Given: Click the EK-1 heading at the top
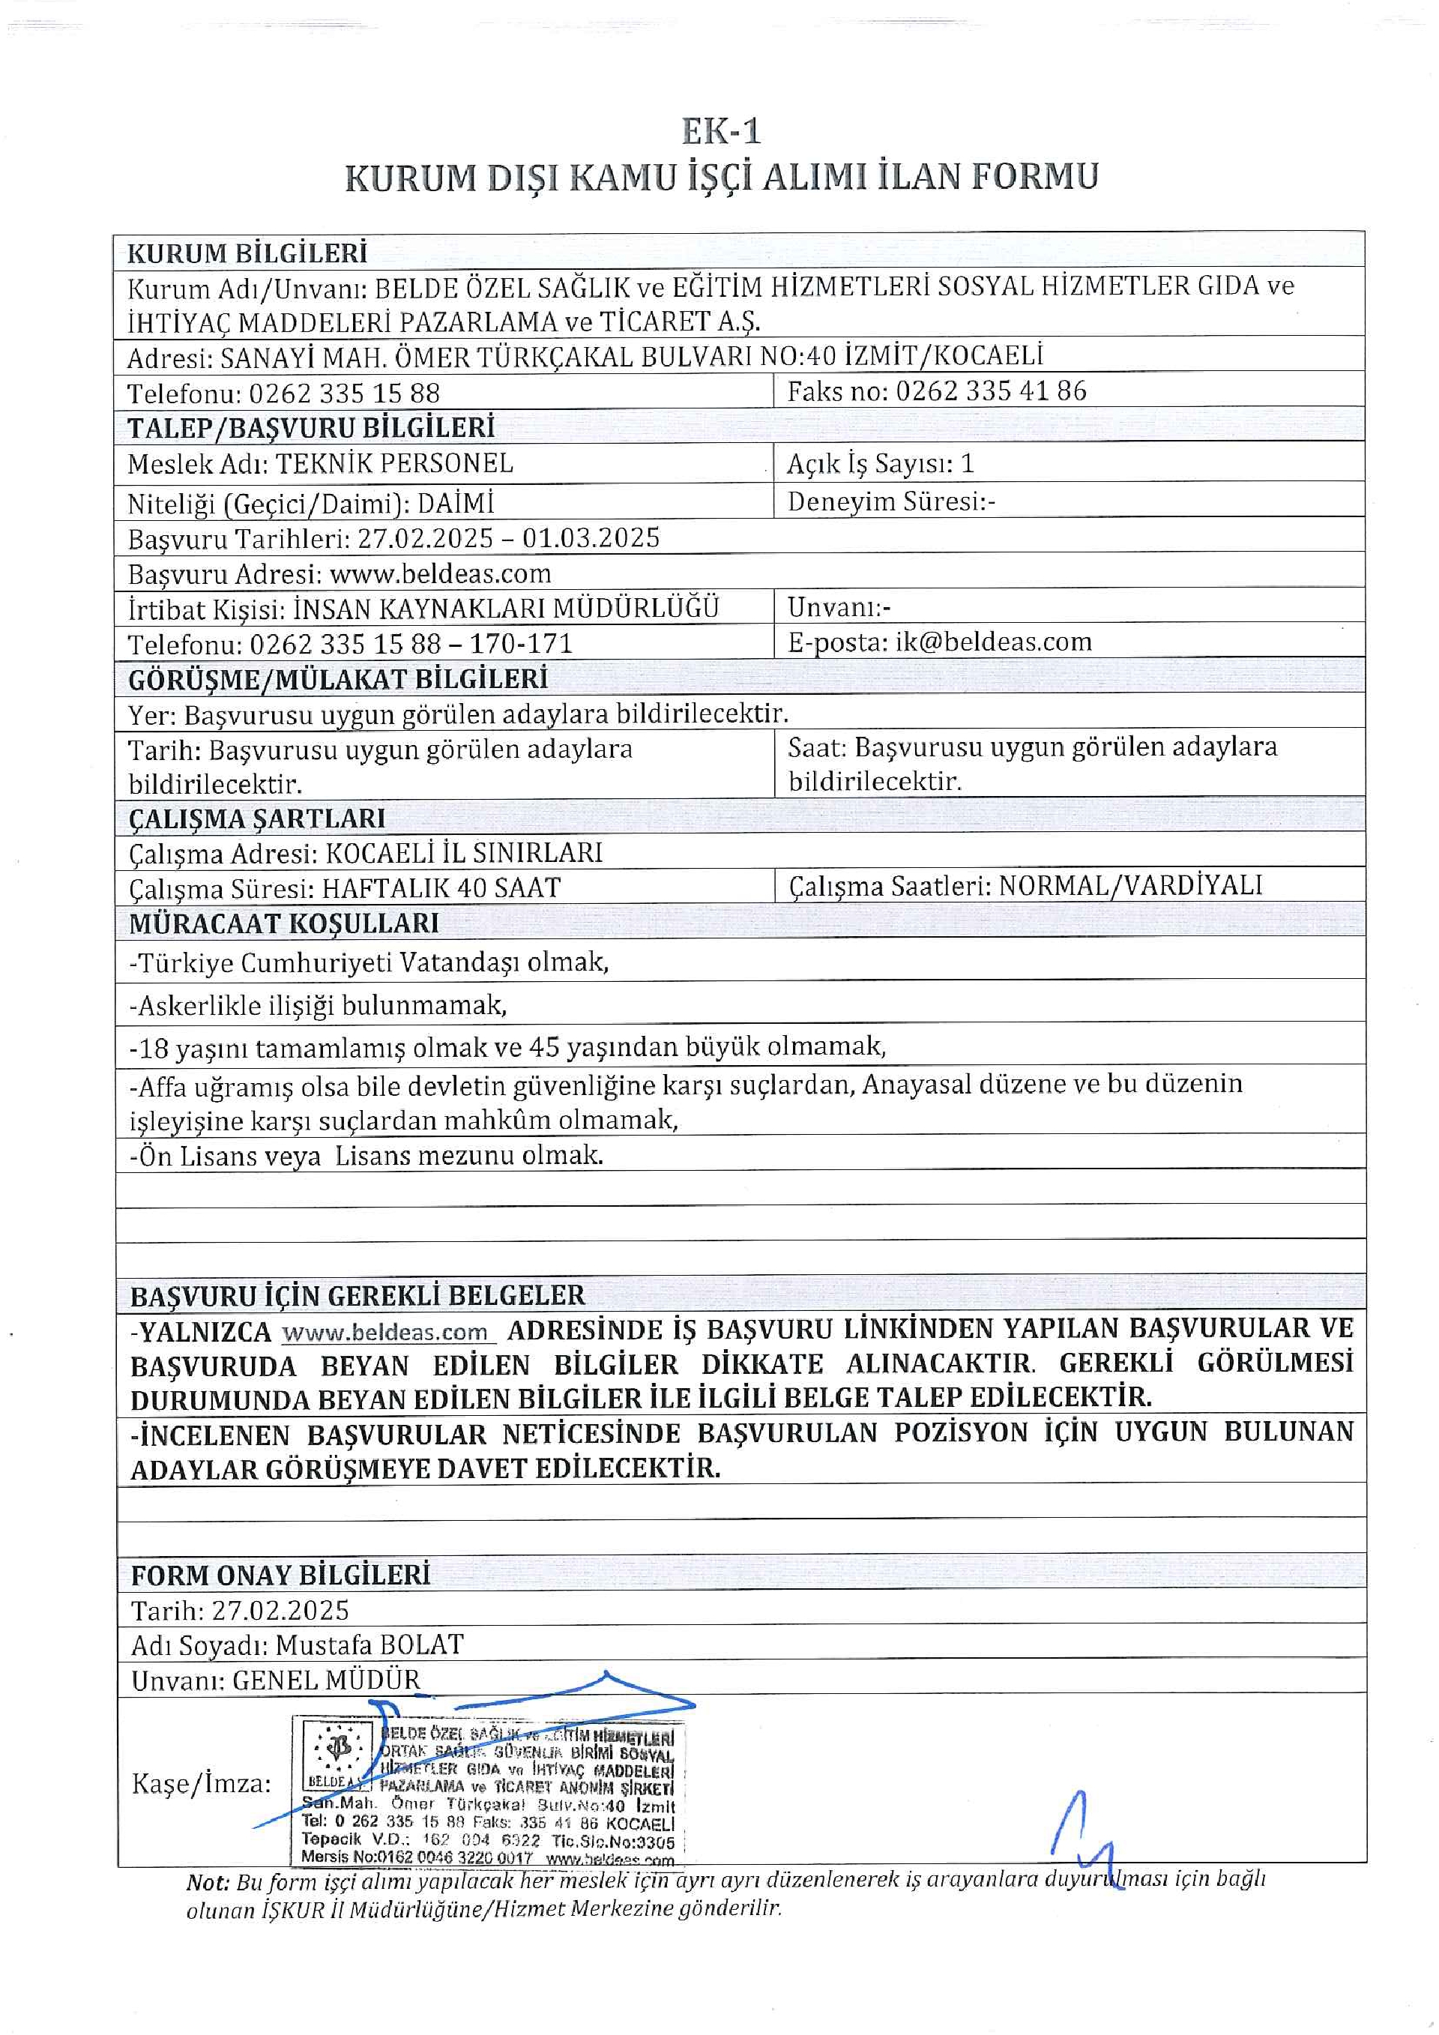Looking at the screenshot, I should click(720, 131).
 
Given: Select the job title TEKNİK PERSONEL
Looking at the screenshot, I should click(394, 462).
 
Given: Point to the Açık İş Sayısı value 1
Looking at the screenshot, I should click(967, 462).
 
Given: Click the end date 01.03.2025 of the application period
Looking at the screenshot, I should click(591, 538).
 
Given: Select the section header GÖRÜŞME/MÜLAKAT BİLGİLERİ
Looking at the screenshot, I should click(337, 679).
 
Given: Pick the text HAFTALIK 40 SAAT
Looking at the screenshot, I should click(441, 887).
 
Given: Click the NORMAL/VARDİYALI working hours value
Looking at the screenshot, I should click(1129, 885).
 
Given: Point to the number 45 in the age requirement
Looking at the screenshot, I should click(545, 1048).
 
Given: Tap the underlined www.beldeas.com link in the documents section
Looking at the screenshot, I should click(385, 1332).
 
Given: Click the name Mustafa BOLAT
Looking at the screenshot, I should click(369, 1645).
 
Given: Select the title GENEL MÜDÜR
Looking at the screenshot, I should click(326, 1680).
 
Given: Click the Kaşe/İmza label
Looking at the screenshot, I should click(201, 1782).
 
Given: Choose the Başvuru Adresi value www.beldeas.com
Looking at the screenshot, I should click(441, 573).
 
